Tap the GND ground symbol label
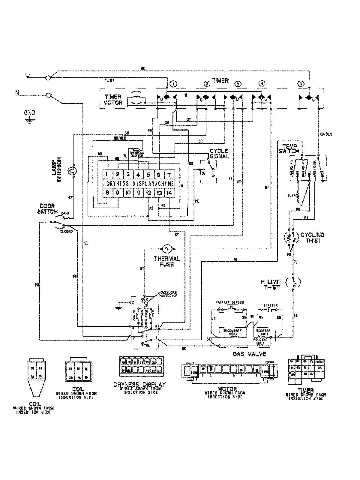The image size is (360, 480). (29, 113)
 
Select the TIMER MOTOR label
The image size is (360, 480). (113, 100)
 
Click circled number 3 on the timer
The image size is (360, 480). (238, 84)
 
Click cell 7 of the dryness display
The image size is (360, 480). (169, 175)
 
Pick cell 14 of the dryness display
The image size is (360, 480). (169, 193)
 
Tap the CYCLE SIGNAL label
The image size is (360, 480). (219, 153)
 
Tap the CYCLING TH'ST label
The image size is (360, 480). (313, 238)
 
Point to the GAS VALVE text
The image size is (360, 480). (249, 354)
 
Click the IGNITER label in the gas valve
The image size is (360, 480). (271, 305)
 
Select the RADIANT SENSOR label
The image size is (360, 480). (230, 302)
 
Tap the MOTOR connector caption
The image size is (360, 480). (229, 389)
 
